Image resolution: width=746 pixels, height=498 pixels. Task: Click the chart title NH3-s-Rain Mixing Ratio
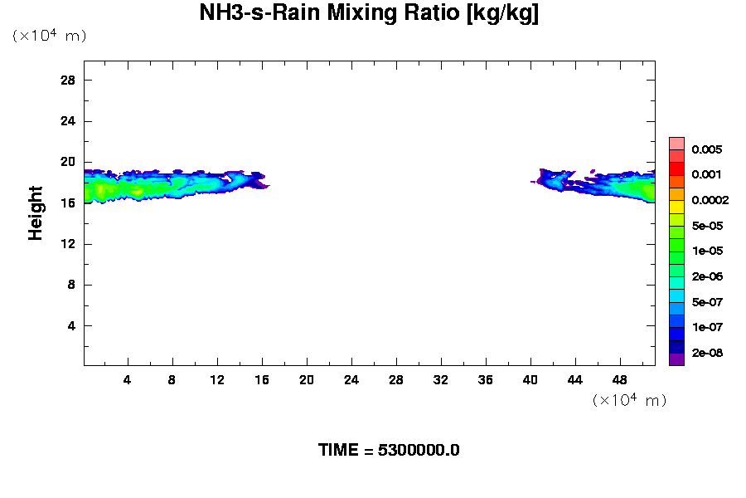[369, 14]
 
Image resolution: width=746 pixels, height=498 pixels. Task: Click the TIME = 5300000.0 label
[389, 451]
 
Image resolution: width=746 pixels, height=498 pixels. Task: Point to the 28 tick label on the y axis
[68, 81]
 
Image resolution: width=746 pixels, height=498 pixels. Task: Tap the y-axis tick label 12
[68, 244]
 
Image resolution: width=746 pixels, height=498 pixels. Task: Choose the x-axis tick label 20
[307, 379]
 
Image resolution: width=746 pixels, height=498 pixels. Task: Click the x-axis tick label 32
[441, 379]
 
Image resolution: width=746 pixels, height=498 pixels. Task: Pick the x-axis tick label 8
[172, 379]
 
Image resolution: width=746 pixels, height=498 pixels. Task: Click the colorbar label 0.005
[707, 150]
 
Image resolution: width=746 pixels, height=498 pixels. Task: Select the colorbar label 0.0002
[710, 201]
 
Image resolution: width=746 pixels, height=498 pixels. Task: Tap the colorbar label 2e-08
[707, 353]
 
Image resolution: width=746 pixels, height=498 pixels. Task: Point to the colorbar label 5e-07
[707, 302]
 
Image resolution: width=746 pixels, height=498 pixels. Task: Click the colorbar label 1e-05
[707, 251]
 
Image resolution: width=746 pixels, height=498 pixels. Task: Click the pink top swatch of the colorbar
[676, 143]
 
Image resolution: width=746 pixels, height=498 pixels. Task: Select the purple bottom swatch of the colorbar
[676, 359]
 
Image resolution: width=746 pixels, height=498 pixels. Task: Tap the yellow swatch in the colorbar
[676, 206]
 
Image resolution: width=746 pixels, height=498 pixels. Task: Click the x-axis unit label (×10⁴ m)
[629, 400]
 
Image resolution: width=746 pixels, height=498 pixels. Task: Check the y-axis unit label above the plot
[49, 36]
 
